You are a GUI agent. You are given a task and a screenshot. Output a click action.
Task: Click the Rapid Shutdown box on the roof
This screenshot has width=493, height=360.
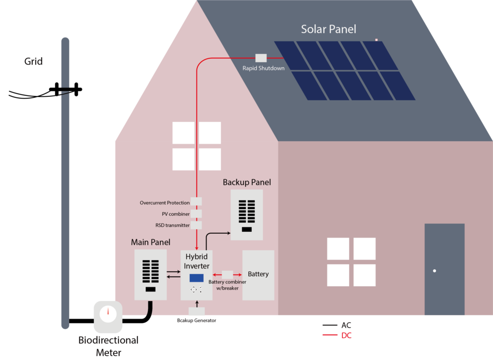tap(261, 58)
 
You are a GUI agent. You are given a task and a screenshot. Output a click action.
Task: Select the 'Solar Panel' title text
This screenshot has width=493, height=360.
tap(329, 29)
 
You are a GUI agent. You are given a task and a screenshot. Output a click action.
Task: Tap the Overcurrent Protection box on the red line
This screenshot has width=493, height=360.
tap(196, 201)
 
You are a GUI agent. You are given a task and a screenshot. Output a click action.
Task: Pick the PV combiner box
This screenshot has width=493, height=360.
tap(196, 213)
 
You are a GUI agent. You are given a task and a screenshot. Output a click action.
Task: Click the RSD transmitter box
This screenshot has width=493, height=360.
tap(196, 225)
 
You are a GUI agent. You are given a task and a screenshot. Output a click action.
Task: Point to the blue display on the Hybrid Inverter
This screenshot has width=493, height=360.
tap(196, 278)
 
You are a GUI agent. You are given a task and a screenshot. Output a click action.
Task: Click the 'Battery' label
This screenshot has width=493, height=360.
tap(258, 274)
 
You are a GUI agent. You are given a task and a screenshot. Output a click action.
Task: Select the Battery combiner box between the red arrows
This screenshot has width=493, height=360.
tap(227, 274)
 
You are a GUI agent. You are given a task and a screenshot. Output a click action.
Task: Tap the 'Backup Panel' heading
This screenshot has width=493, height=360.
tap(246, 182)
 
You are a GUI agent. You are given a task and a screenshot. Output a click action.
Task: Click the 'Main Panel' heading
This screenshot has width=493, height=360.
tap(151, 242)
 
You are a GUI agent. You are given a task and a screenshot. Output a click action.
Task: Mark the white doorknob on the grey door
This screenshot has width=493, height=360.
tap(434, 271)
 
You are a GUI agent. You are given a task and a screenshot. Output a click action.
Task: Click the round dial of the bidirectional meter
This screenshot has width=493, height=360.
tap(108, 313)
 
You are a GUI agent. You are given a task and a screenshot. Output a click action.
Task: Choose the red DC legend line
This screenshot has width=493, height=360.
tap(330, 335)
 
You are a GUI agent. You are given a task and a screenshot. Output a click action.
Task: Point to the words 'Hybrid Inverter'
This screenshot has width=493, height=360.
tap(196, 261)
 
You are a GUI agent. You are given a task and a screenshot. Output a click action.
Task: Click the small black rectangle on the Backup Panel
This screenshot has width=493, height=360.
tap(246, 229)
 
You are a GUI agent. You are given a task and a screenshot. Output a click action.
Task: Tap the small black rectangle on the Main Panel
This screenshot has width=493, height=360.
tap(151, 289)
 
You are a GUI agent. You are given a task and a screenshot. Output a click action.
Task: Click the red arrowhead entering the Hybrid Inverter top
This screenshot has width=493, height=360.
tap(196, 247)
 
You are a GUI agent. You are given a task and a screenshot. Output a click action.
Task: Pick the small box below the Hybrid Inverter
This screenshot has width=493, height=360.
tap(196, 311)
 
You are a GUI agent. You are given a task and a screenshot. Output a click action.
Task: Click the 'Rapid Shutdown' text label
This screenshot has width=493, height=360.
tap(263, 68)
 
